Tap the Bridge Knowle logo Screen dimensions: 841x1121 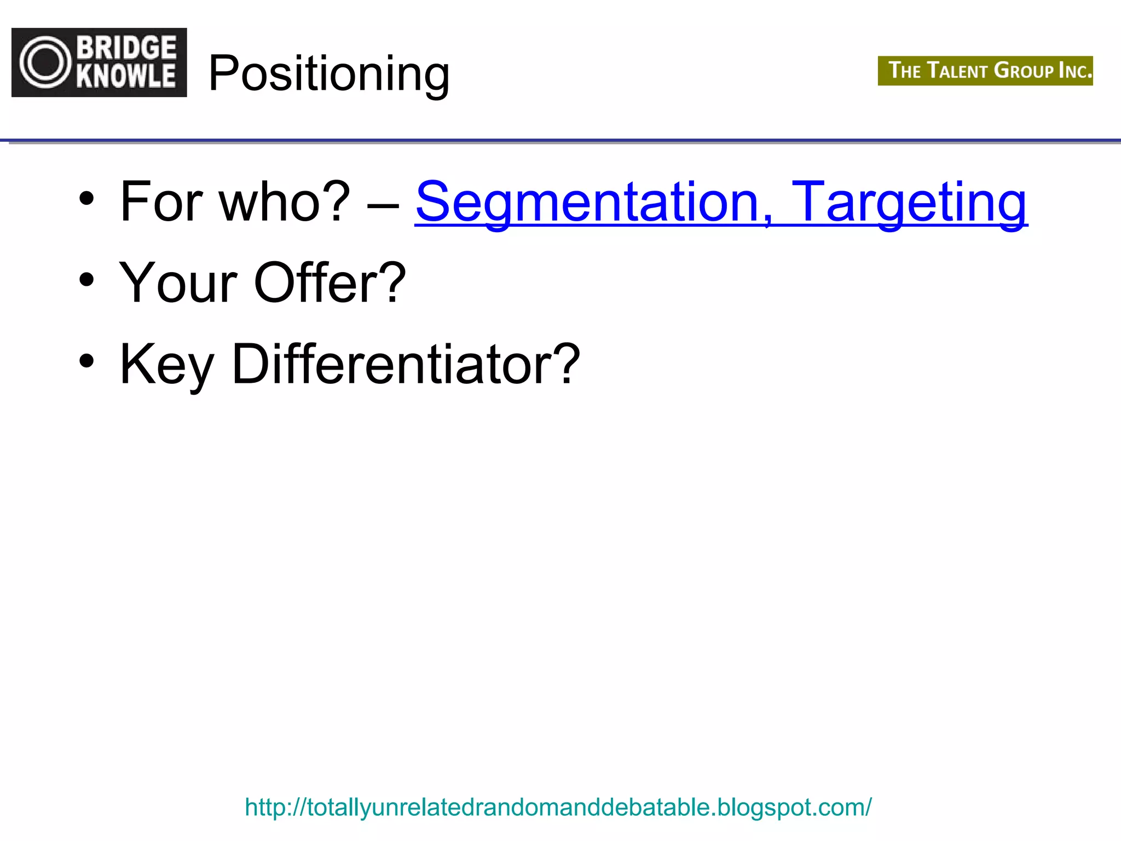[99, 62]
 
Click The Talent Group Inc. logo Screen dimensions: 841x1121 [985, 71]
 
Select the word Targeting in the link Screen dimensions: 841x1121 [910, 203]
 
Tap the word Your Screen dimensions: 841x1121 [178, 283]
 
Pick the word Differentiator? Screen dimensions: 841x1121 [406, 365]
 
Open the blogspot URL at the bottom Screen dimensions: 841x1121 [558, 807]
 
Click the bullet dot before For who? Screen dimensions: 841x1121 [86, 198]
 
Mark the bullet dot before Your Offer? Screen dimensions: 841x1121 [86, 280]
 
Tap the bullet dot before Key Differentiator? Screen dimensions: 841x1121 [86, 361]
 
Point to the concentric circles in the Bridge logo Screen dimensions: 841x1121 [45, 62]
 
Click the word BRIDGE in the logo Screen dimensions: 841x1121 [126, 48]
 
